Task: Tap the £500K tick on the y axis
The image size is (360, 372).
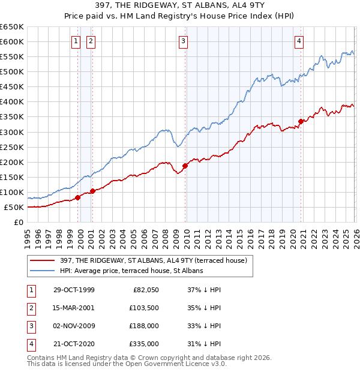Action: click(x=12, y=72)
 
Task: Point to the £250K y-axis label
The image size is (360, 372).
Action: click(x=12, y=147)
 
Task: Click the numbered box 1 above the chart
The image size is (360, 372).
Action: click(x=76, y=41)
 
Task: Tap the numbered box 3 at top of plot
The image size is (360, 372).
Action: click(x=182, y=41)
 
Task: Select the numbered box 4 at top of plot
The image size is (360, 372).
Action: click(x=298, y=41)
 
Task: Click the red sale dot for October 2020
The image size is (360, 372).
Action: click(x=301, y=121)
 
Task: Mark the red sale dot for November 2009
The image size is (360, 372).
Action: click(x=185, y=166)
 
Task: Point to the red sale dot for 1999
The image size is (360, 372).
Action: click(x=78, y=197)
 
